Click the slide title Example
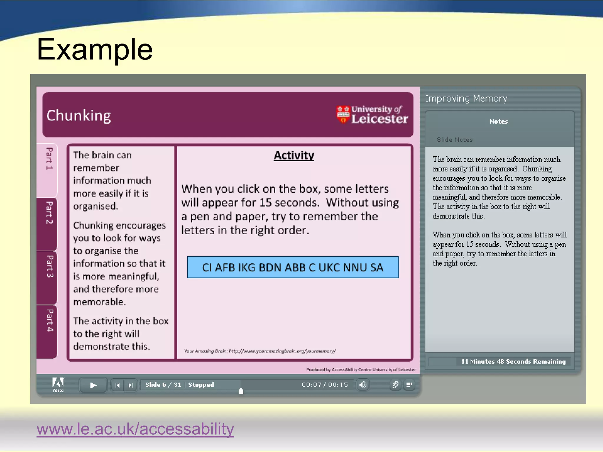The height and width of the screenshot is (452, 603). click(x=95, y=49)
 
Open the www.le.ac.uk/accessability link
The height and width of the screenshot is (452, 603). click(x=135, y=429)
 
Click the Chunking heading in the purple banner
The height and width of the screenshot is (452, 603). click(x=79, y=115)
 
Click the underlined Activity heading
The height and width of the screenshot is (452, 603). click(x=294, y=155)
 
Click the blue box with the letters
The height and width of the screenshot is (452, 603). click(x=293, y=267)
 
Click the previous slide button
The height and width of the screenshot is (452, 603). click(x=117, y=385)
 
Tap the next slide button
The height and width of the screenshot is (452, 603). click(x=131, y=385)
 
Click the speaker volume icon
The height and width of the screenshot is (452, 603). click(x=363, y=385)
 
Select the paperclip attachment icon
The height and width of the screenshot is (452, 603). click(x=395, y=385)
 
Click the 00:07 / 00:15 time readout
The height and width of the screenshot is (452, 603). click(x=325, y=385)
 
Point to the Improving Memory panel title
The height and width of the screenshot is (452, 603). click(x=466, y=98)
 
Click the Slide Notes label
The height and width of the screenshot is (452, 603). click(x=455, y=140)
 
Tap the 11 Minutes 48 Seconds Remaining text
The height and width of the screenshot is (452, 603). click(x=513, y=361)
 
